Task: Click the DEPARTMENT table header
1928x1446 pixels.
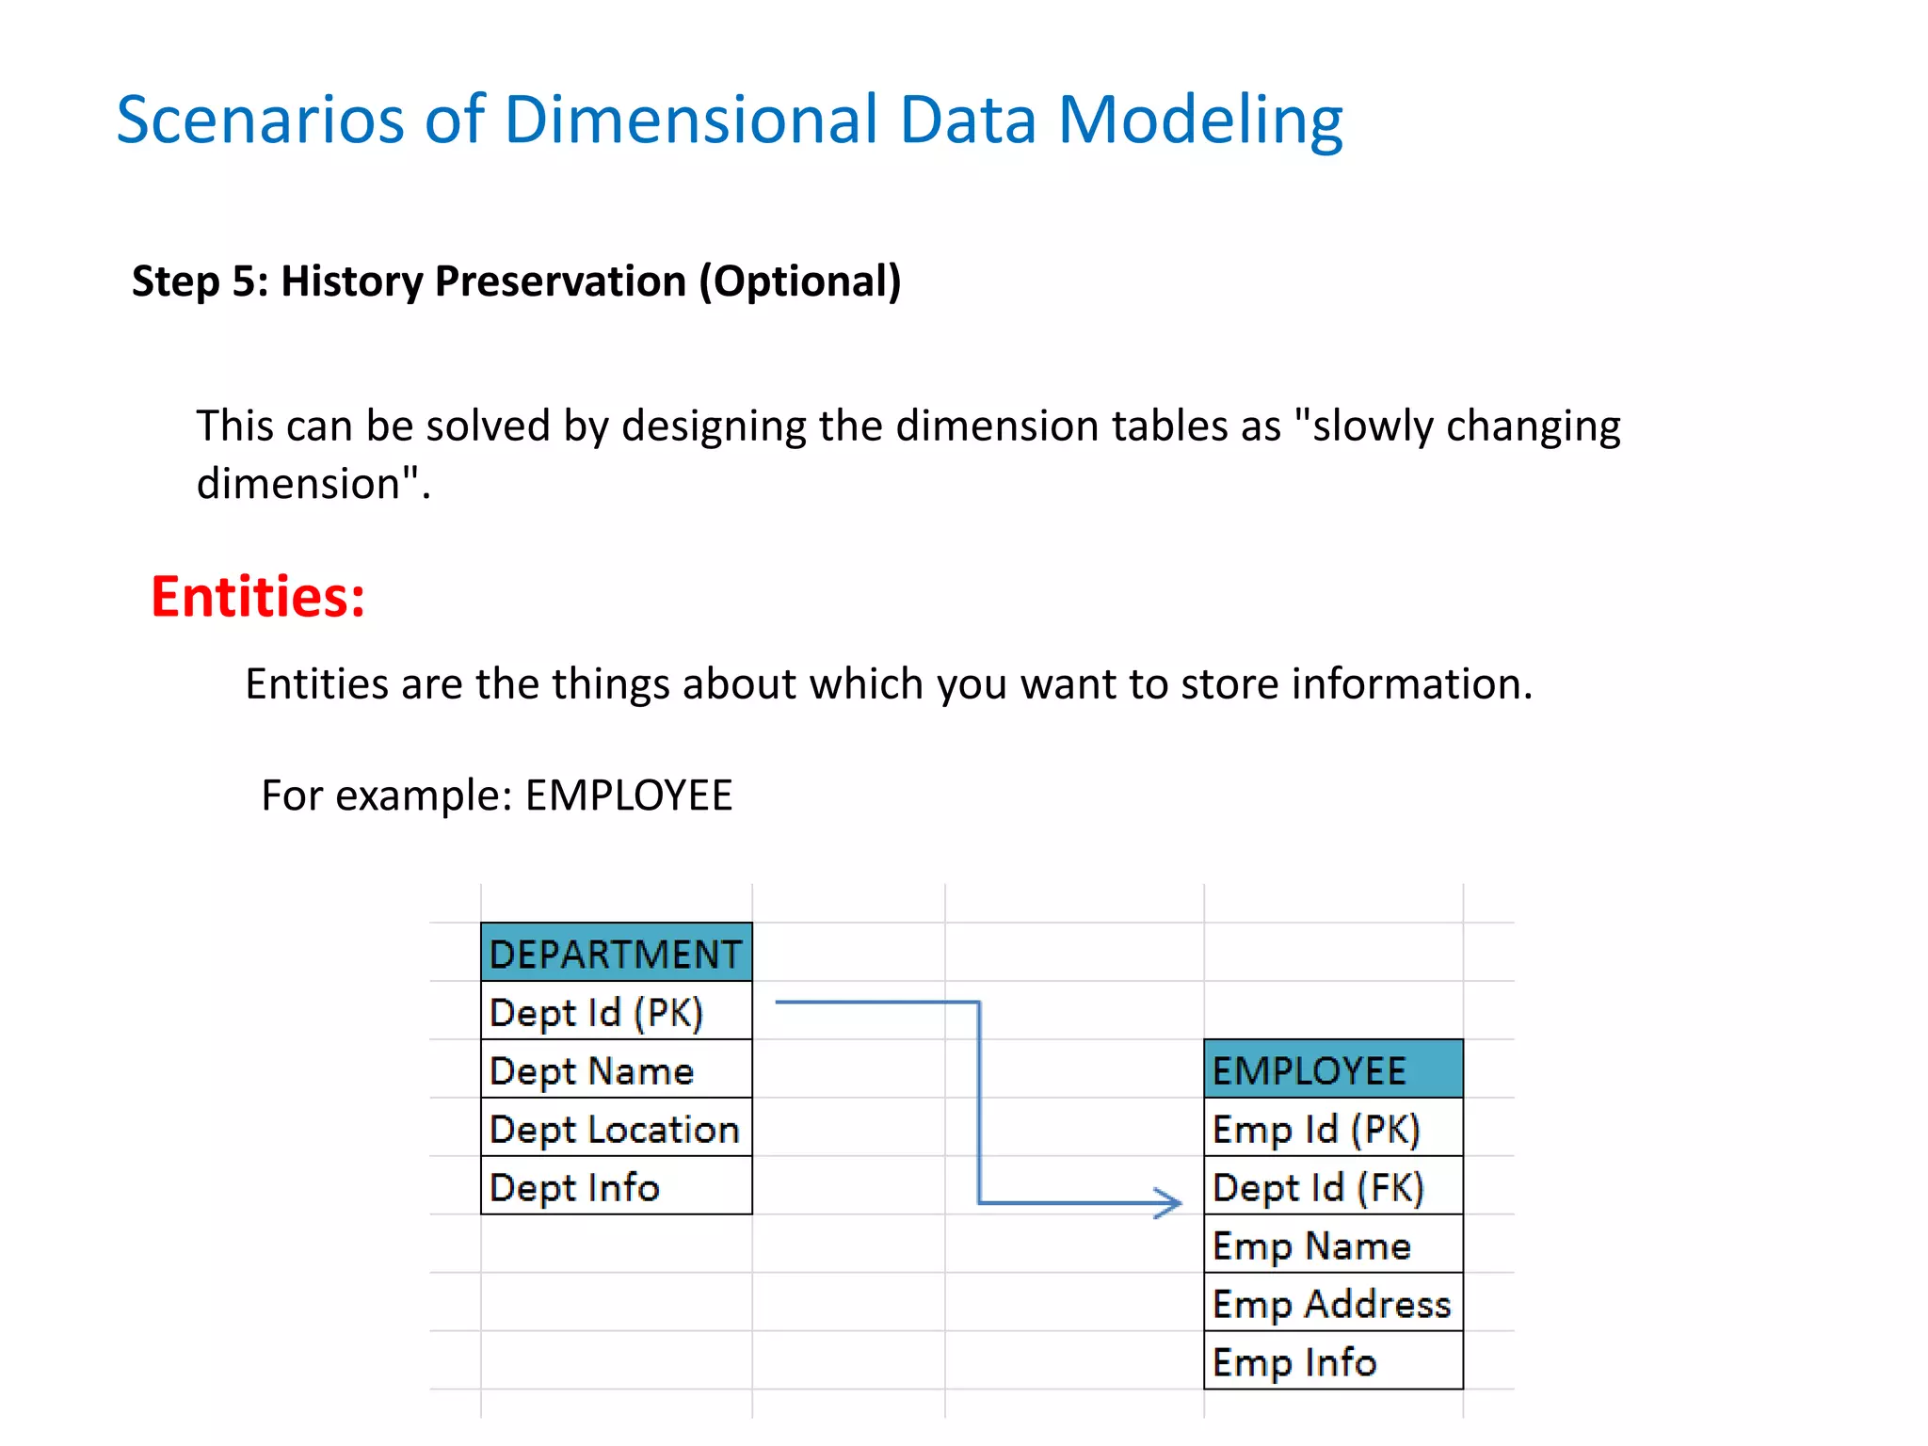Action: click(x=616, y=953)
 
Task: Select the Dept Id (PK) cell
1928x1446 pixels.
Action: click(x=616, y=1012)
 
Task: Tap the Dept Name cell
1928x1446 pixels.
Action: click(x=616, y=1070)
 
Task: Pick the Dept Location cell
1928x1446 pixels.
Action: click(x=616, y=1129)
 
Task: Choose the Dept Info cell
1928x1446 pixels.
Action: click(x=616, y=1187)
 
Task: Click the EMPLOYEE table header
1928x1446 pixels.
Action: click(x=1332, y=1070)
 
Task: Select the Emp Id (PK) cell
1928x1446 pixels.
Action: click(x=1332, y=1129)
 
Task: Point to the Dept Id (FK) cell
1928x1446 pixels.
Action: click(x=1332, y=1187)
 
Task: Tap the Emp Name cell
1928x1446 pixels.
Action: click(x=1332, y=1245)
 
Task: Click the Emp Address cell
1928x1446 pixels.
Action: click(x=1332, y=1304)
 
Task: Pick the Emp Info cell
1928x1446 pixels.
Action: click(x=1332, y=1362)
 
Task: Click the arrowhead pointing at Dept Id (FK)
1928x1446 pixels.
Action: click(x=1170, y=1202)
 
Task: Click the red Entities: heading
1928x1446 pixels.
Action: click(x=258, y=597)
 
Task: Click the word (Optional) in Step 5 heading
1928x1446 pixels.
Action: click(x=799, y=281)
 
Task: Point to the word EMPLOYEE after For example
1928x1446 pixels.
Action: click(x=628, y=795)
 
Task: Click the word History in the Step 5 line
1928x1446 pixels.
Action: click(x=351, y=281)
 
